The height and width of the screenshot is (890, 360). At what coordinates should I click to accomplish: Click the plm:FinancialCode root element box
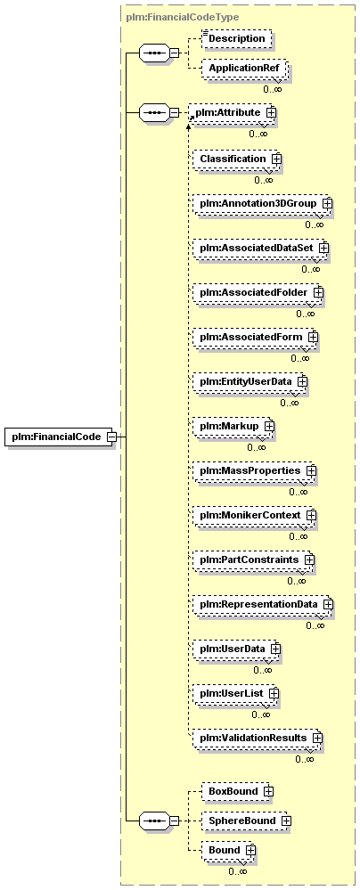(59, 437)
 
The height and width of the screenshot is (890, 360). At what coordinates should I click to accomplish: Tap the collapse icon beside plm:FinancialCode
(112, 437)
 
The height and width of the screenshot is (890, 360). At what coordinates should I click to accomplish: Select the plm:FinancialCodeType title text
(181, 17)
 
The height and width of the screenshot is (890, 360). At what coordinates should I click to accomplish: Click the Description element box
(237, 38)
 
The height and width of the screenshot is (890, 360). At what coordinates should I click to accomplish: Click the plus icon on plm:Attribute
(272, 112)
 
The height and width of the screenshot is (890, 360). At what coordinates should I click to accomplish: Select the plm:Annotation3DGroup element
(262, 202)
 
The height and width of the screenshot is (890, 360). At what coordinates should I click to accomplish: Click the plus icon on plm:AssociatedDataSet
(323, 248)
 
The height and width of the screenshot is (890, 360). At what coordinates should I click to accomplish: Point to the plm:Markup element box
(233, 426)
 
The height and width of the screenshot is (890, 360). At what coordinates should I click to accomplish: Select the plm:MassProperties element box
(254, 470)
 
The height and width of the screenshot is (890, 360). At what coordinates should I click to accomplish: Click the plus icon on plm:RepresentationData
(327, 604)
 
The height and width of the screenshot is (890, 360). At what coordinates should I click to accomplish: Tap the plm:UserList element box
(235, 693)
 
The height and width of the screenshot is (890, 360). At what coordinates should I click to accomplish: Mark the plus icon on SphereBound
(286, 821)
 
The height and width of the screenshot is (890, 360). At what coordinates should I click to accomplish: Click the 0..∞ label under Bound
(237, 871)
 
